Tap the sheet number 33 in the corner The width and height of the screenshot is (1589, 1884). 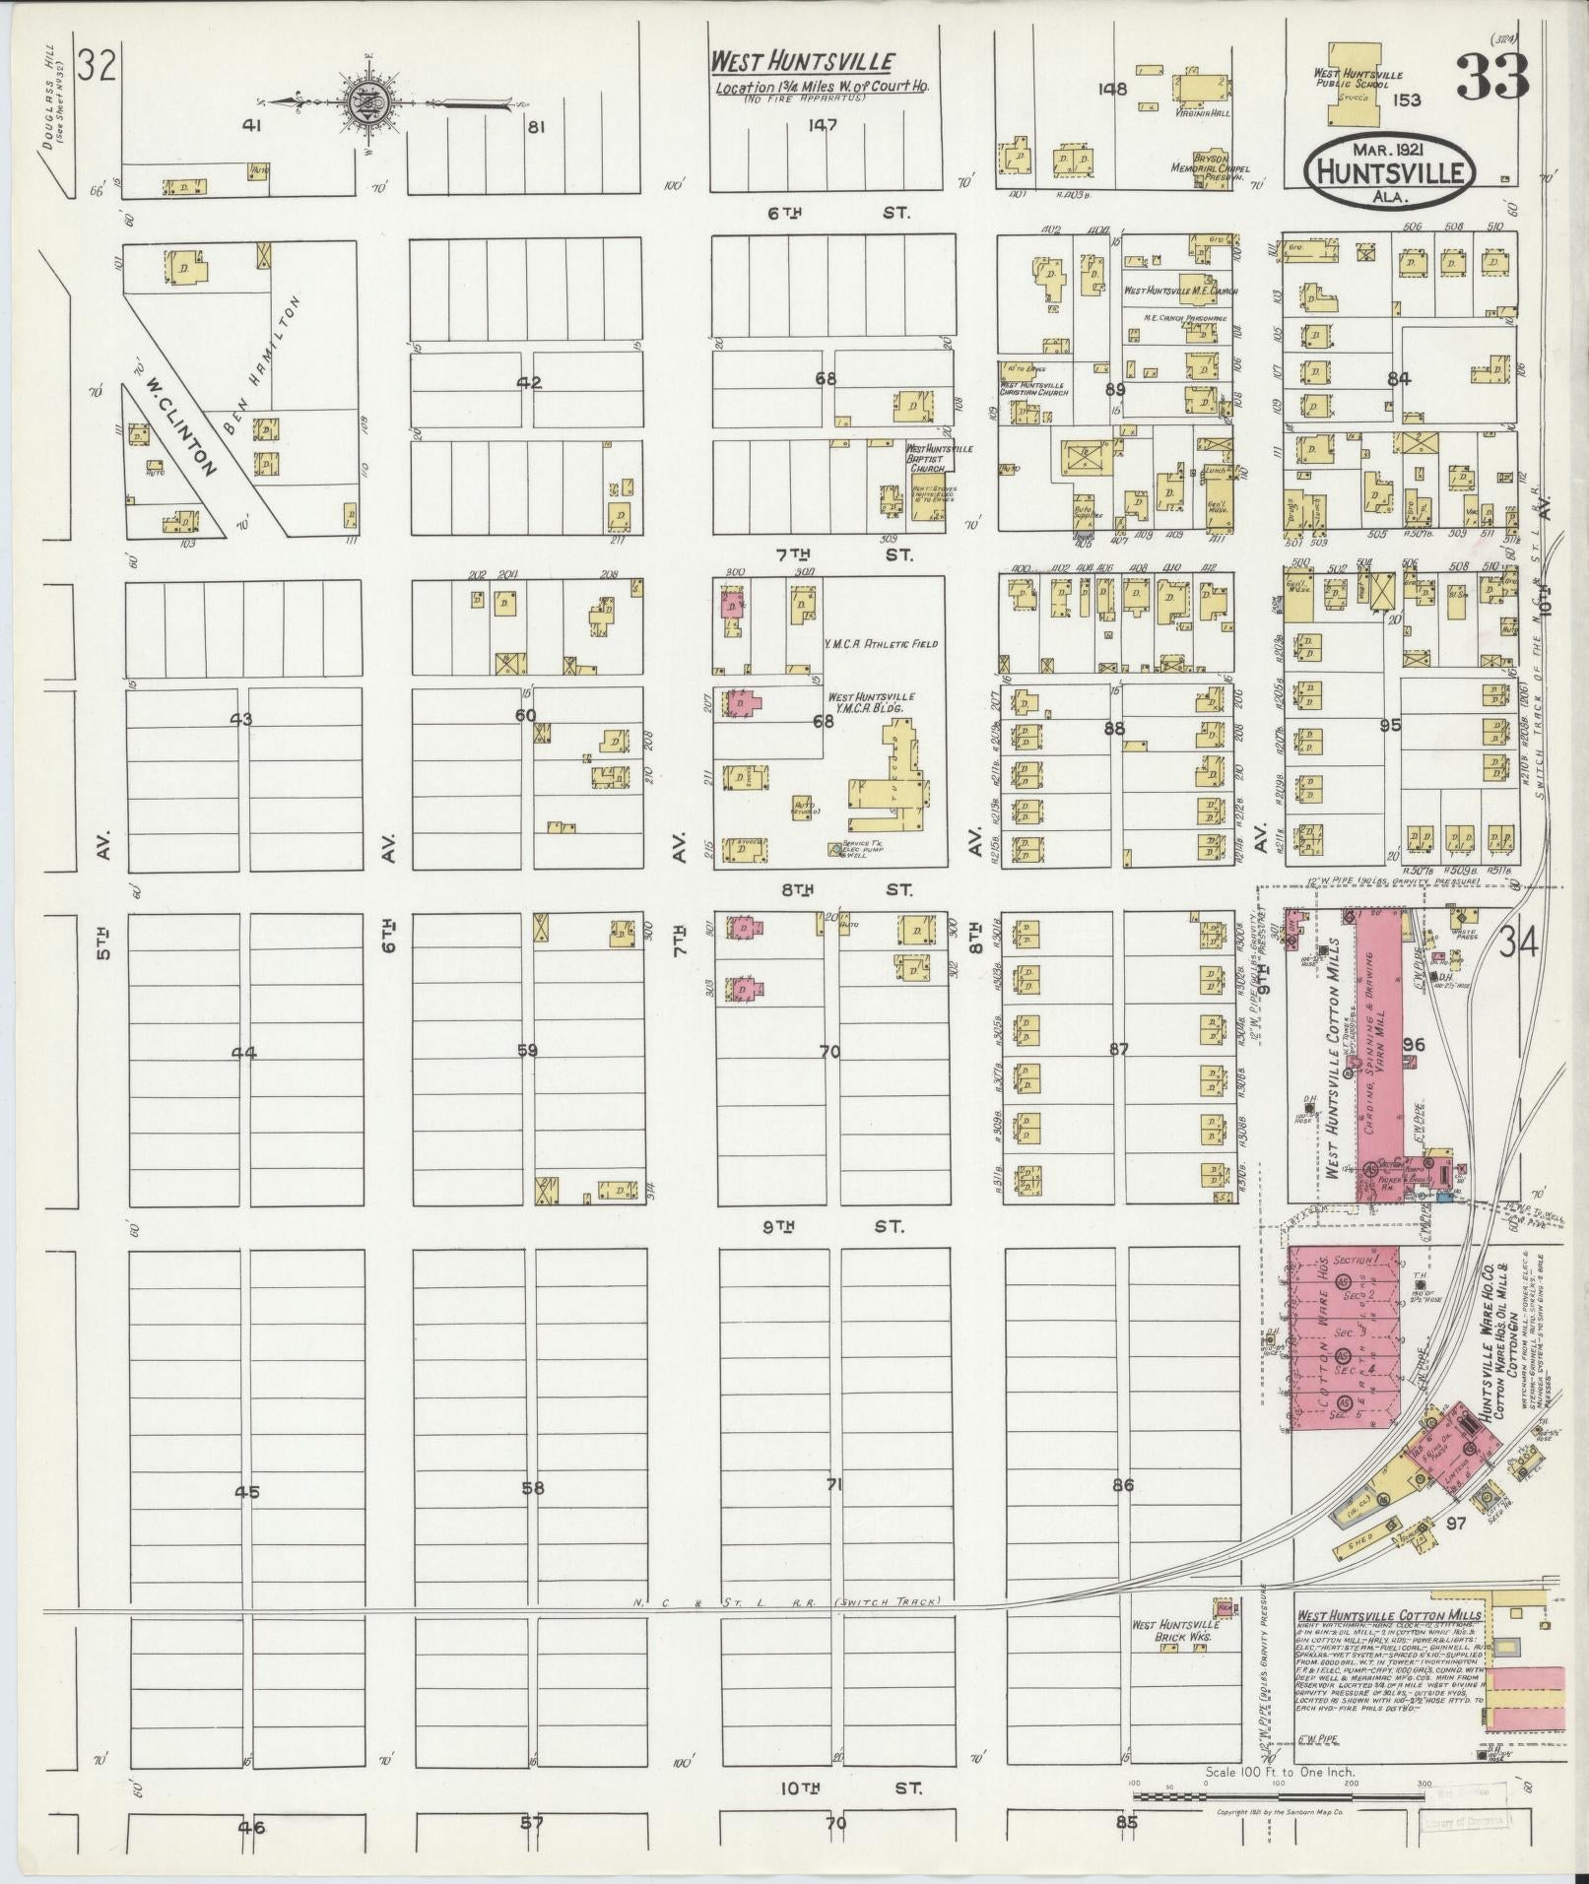point(1491,77)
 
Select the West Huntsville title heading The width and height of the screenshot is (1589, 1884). point(803,61)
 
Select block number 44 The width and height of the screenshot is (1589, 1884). point(243,1053)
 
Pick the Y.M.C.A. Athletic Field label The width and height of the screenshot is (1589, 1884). point(881,643)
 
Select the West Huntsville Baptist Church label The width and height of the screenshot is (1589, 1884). point(938,459)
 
